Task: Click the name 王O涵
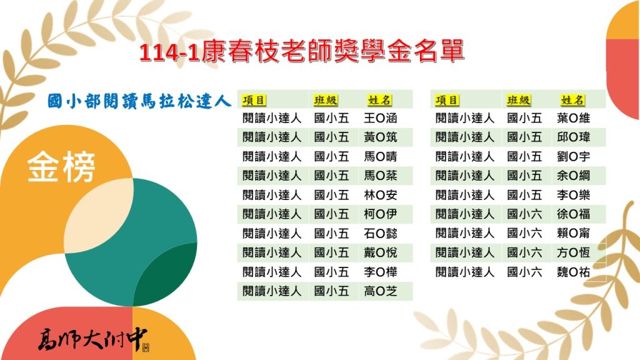coord(381,118)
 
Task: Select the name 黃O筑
coord(381,137)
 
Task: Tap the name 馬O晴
coord(381,156)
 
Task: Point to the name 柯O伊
coord(381,214)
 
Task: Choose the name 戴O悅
coord(381,252)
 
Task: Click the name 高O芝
coord(381,291)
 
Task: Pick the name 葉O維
coord(574,118)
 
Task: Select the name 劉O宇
coord(574,156)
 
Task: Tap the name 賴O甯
coord(574,233)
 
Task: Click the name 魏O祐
coord(574,272)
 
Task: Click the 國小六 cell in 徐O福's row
coord(524,214)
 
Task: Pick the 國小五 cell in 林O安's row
coord(331,195)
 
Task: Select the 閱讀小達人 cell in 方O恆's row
coord(465,252)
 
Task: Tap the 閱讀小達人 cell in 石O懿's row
coord(272,233)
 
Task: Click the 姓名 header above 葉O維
coord(572,100)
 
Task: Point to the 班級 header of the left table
coord(326,100)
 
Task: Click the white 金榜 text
coord(61,166)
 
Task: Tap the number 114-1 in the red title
coord(169,52)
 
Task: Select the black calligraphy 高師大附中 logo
coord(93,339)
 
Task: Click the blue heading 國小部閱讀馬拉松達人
coord(139,101)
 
